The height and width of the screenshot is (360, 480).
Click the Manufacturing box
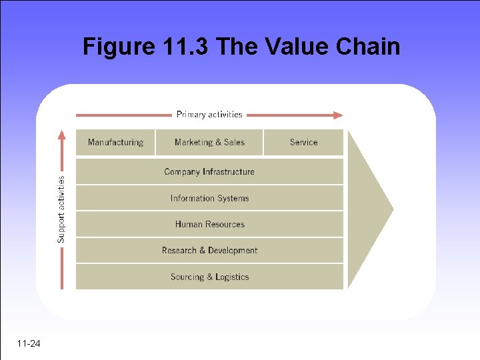(115, 142)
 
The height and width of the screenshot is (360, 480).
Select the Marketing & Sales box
(209, 142)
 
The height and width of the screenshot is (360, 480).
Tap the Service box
(303, 142)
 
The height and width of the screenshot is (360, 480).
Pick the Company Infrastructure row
(209, 171)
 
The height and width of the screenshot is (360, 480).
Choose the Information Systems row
(209, 198)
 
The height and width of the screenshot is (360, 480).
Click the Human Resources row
(209, 224)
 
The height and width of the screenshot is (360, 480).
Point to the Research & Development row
(209, 251)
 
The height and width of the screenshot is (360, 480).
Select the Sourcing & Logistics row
(209, 277)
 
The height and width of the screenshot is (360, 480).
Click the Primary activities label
(209, 115)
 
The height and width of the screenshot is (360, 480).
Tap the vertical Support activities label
(61, 209)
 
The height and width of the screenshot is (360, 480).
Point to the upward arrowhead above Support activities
(62, 135)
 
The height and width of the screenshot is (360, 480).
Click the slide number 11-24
(29, 344)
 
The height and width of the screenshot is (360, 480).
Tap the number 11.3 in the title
(188, 47)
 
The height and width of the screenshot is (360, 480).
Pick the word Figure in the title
(119, 47)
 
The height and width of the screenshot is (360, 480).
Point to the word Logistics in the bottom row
(232, 277)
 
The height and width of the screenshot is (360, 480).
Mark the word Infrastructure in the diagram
(229, 171)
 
